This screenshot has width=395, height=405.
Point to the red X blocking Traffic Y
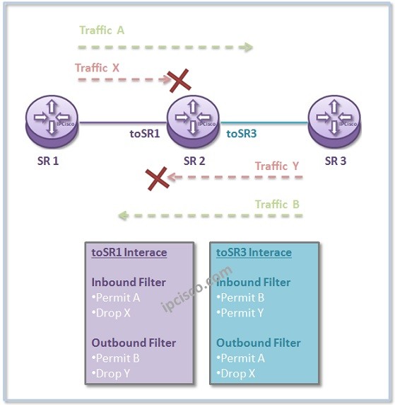[157, 178]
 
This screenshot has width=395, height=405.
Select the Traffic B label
[277, 205]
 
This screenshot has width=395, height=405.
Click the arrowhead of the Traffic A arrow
[247, 48]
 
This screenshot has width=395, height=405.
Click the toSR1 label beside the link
[144, 132]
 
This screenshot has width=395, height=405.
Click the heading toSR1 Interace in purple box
[129, 252]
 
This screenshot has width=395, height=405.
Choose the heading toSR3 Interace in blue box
[254, 252]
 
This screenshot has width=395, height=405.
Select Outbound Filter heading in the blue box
[259, 343]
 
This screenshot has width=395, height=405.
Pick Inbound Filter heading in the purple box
[129, 282]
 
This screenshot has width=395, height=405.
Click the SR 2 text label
[194, 161]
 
